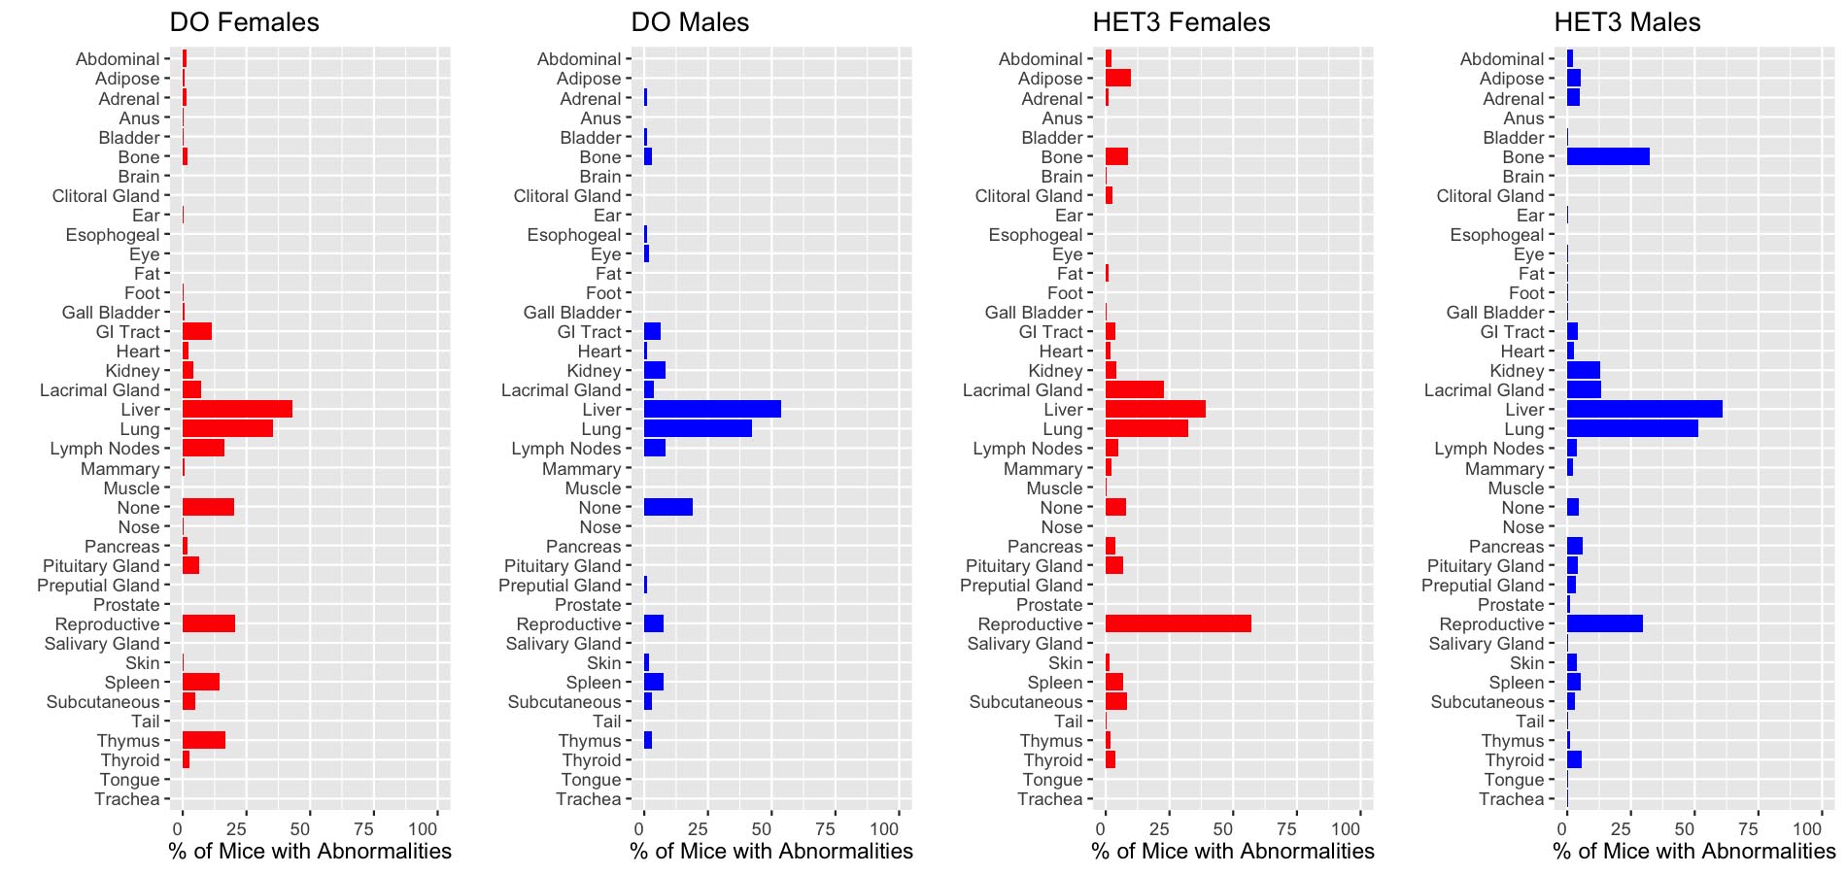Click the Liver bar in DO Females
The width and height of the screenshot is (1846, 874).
237,410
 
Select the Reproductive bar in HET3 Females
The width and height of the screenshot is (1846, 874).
1178,623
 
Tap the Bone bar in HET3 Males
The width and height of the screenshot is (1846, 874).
1608,156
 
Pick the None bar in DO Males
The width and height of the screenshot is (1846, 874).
667,507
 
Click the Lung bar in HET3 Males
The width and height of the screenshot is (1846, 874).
1632,428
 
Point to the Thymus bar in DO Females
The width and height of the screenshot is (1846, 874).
203,740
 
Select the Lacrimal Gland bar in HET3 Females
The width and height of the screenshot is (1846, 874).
1134,389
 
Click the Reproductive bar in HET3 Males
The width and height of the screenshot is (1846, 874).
1604,623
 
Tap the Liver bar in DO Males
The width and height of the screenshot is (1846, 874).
712,410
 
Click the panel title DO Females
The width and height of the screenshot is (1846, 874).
244,22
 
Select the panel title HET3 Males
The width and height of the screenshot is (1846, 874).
1626,22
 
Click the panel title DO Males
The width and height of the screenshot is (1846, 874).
690,22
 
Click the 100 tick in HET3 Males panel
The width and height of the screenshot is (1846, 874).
1806,829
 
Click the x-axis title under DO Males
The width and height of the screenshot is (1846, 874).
771,852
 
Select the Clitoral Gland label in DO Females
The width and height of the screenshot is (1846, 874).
106,196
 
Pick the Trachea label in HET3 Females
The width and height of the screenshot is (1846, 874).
1049,799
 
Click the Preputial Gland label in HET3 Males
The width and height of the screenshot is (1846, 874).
1482,585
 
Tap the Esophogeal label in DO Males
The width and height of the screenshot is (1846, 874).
573,235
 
